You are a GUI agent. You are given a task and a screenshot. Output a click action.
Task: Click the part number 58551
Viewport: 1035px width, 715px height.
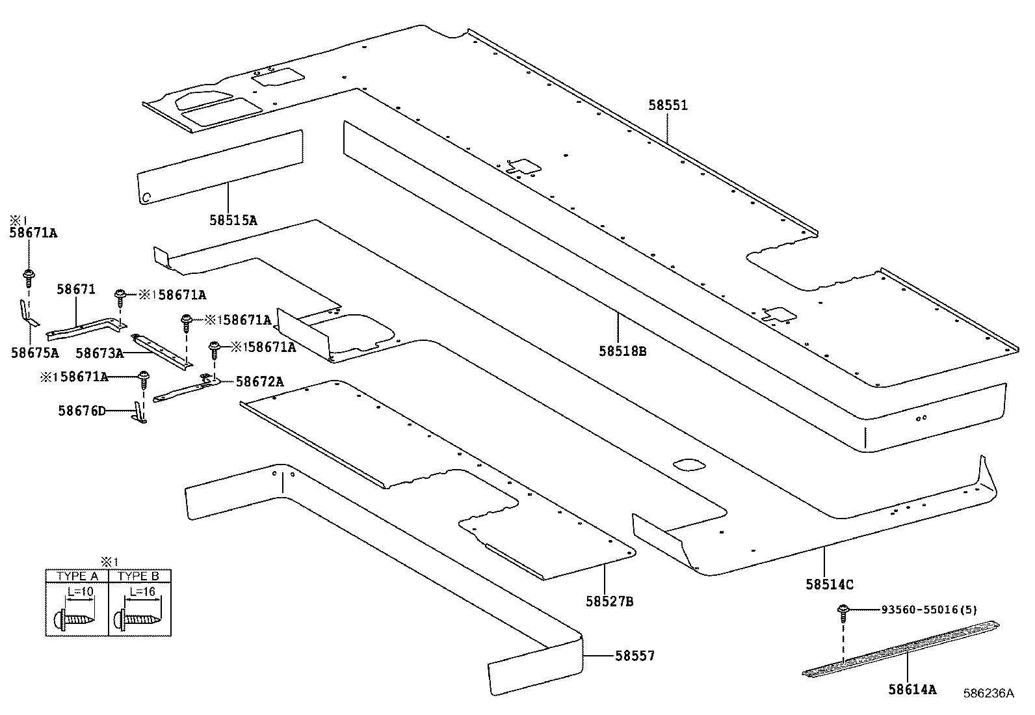[x=668, y=105]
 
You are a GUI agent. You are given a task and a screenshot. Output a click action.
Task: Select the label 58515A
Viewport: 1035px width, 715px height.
[x=233, y=220]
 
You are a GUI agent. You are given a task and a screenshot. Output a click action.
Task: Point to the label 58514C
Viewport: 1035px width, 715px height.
[x=830, y=584]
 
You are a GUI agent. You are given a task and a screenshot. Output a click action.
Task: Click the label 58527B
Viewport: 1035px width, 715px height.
[x=609, y=601]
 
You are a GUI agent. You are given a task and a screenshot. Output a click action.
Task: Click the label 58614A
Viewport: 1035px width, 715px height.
[x=913, y=689]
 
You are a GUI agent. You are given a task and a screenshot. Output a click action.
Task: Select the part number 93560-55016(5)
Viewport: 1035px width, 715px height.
[x=929, y=610]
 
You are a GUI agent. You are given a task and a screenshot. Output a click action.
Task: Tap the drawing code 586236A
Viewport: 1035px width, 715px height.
[x=988, y=694]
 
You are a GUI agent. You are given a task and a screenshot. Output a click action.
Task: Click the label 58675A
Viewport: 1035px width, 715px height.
[x=34, y=353]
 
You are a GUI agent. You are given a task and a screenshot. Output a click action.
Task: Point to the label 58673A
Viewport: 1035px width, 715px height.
[x=99, y=353]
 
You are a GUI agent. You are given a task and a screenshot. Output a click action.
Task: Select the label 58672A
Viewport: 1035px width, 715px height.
[x=259, y=382]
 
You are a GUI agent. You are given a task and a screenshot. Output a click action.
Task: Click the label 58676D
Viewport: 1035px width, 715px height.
[x=81, y=411]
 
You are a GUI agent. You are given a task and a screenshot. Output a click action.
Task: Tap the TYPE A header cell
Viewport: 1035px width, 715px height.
[x=77, y=576]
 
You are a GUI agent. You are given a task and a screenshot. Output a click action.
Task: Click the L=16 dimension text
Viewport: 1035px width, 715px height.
[x=142, y=591]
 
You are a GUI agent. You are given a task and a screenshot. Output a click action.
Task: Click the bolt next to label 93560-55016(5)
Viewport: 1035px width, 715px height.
[x=843, y=611]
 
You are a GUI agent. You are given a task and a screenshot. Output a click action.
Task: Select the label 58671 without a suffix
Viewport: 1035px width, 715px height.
[x=76, y=289]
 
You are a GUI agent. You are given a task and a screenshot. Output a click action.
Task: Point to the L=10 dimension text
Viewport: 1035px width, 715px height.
[x=80, y=591]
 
